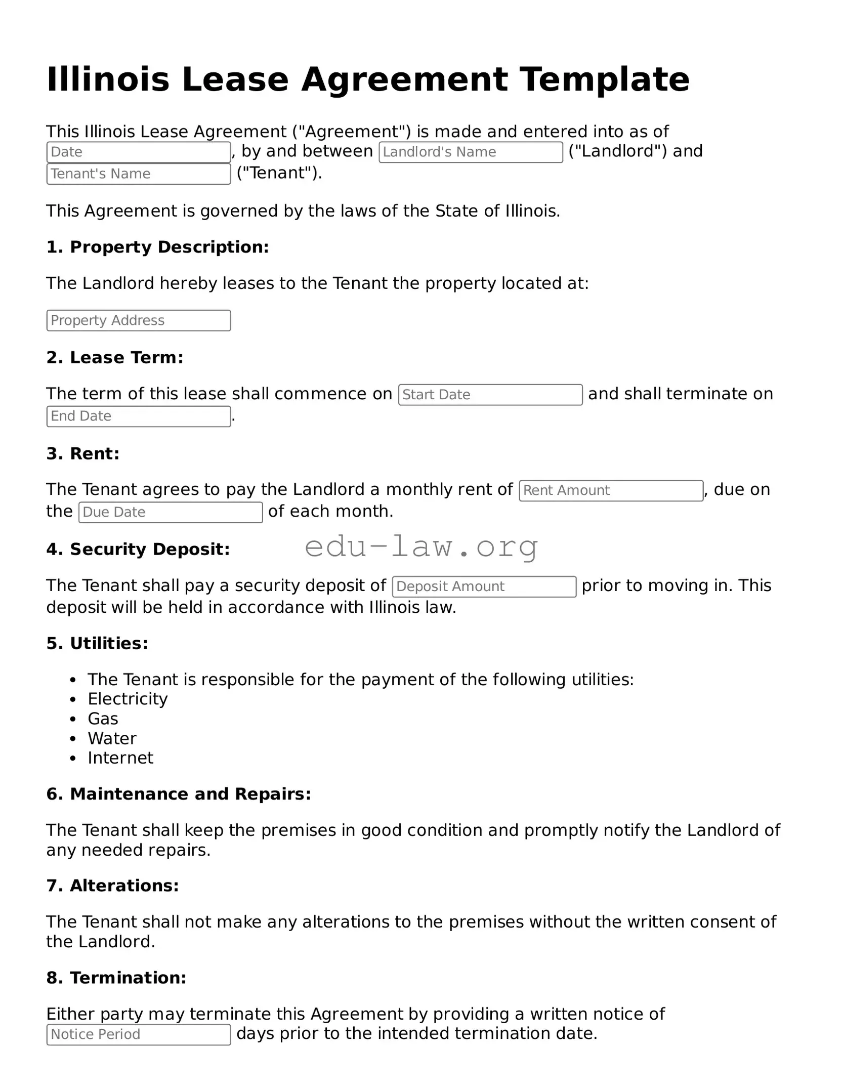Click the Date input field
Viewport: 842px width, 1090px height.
pos(138,152)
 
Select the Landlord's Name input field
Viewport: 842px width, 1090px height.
pos(471,152)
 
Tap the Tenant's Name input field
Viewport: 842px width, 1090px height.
pos(138,174)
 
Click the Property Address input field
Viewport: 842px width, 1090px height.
pos(138,320)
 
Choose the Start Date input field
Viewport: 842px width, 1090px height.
pos(490,395)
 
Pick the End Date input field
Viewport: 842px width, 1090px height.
pos(138,416)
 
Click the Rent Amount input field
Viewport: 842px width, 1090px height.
pos(611,490)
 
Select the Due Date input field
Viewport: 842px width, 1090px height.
pos(171,512)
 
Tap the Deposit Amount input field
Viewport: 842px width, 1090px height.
pos(484,586)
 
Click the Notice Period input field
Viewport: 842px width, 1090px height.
pos(138,1034)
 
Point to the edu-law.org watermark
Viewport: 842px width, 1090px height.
pos(421,547)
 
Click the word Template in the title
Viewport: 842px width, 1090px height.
pos(605,79)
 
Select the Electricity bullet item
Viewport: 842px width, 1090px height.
pos(128,699)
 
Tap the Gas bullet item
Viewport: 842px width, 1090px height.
pos(103,719)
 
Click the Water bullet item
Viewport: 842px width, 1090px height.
pos(112,738)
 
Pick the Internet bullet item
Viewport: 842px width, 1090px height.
pos(120,758)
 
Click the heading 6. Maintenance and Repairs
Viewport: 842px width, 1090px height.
pos(178,794)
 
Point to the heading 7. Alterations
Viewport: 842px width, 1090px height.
pos(112,886)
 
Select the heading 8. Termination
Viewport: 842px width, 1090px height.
pos(116,978)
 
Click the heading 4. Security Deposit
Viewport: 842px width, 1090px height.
pos(138,549)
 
